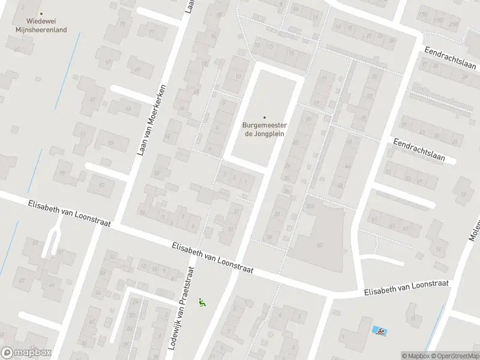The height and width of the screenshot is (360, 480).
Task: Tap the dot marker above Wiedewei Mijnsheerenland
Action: (41, 13)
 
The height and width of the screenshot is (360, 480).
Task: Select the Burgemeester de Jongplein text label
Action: (264, 129)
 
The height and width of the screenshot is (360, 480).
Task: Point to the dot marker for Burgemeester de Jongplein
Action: (264, 118)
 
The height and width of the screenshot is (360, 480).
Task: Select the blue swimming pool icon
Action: (379, 331)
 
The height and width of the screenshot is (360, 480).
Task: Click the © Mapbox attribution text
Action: (415, 356)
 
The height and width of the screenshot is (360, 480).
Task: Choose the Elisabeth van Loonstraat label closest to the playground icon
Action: (212, 258)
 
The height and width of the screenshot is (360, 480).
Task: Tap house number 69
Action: (138, 70)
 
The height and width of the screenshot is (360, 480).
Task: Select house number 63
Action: (128, 107)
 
